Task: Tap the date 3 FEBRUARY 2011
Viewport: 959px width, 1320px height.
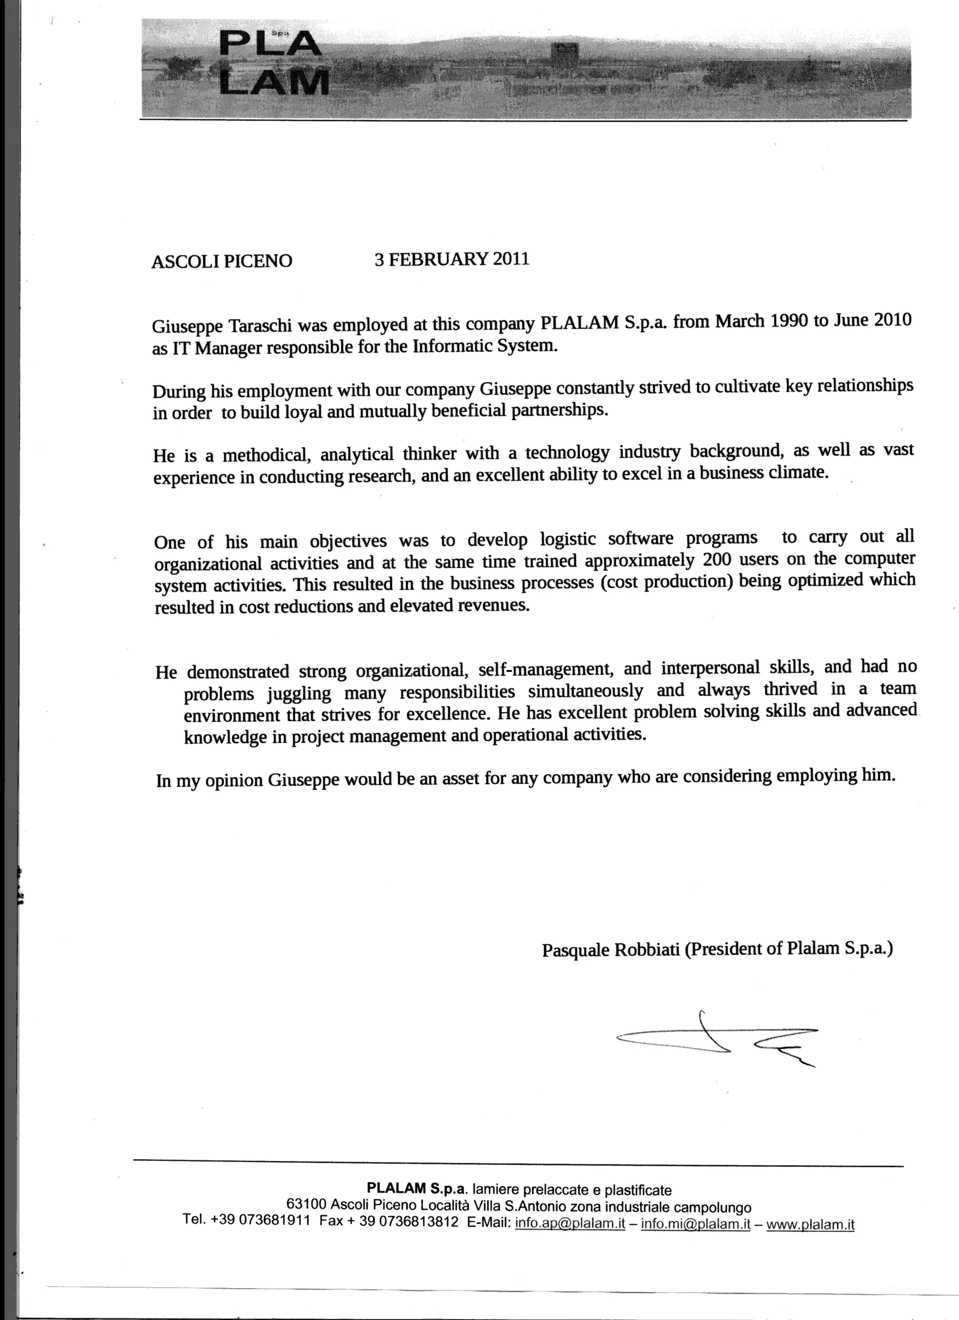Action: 452,258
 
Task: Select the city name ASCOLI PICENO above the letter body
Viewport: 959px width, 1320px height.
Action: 222,261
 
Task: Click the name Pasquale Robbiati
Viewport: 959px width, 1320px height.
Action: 610,950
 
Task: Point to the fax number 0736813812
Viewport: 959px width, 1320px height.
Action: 418,1222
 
